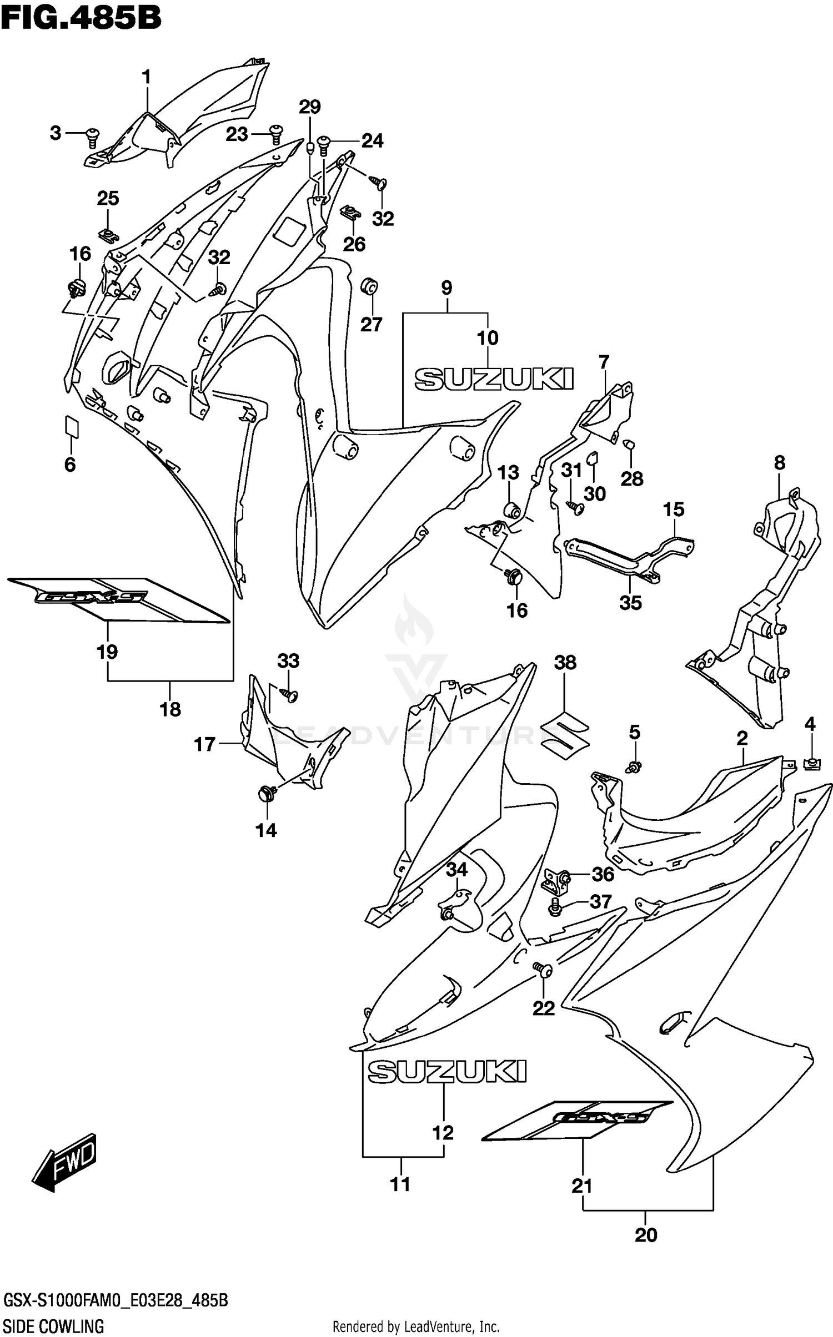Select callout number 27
click(371, 324)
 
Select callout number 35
click(631, 602)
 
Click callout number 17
click(204, 744)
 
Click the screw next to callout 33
click(290, 694)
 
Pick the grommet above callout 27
click(370, 286)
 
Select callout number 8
click(779, 462)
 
